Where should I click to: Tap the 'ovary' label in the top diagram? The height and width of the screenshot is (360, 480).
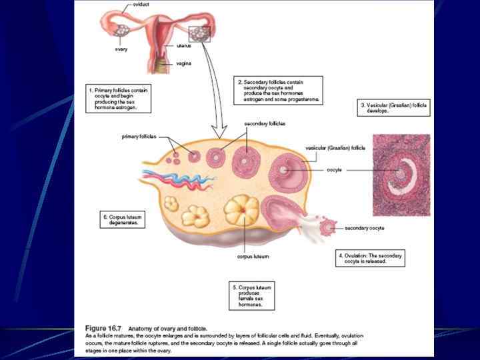(121, 49)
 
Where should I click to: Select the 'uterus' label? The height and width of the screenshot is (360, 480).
(185, 45)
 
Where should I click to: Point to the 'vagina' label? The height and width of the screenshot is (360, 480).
(184, 63)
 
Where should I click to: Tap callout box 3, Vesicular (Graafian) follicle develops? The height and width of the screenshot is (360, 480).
(393, 107)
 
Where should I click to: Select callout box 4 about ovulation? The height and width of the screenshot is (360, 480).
(370, 258)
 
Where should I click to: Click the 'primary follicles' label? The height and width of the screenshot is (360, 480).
(139, 137)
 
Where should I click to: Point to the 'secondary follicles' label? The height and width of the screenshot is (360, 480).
(246, 124)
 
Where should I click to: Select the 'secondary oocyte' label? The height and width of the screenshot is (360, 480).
(364, 228)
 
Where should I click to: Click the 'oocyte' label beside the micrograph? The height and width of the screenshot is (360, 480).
(334, 171)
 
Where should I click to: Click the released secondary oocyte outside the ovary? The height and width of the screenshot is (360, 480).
(327, 228)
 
